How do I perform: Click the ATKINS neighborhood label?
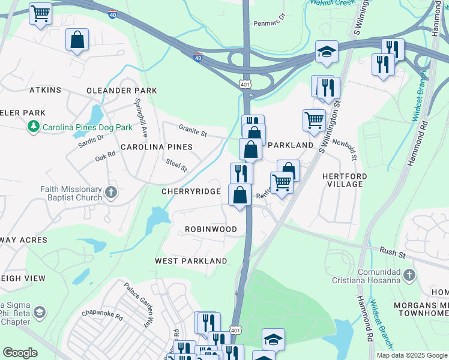click(x=46, y=90)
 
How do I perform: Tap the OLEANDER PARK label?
click(x=122, y=91)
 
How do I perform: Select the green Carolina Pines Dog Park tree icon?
click(x=34, y=127)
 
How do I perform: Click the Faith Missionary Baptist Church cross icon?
click(x=110, y=193)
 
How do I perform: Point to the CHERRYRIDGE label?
click(x=191, y=191)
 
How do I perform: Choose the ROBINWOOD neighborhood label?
click(x=210, y=229)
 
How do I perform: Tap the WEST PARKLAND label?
click(x=191, y=261)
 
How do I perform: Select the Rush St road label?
click(x=393, y=252)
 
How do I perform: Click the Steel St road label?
click(x=176, y=165)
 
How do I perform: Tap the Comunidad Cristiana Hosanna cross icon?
click(x=409, y=275)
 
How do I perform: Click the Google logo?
click(x=20, y=353)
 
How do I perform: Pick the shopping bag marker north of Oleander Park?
click(x=77, y=41)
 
